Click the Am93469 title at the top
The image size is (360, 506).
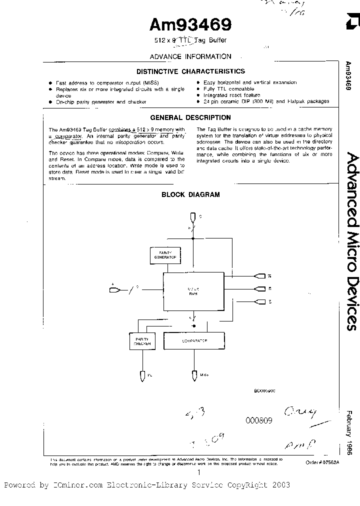click(x=190, y=24)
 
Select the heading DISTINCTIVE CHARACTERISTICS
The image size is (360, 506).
click(x=190, y=71)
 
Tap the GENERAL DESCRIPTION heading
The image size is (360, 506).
click(x=190, y=117)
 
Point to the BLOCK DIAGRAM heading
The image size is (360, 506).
click(x=183, y=194)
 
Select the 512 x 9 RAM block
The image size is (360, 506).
click(x=192, y=291)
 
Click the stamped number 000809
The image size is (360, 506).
click(x=258, y=420)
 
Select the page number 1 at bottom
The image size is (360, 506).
click(x=199, y=471)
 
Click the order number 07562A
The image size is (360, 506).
click(x=322, y=462)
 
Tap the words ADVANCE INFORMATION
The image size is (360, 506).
click(x=190, y=56)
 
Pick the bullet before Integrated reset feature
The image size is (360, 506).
click(x=198, y=95)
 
